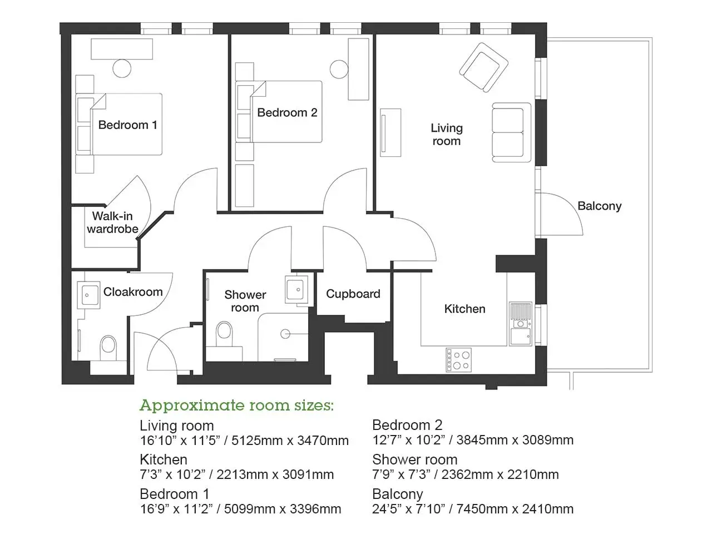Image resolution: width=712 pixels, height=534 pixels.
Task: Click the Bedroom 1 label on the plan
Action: pos(127,125)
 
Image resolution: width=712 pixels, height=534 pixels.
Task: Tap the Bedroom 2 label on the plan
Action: pos(287,112)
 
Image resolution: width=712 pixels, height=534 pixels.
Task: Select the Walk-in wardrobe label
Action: pos(112,222)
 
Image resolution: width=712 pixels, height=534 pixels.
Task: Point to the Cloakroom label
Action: pos(133,292)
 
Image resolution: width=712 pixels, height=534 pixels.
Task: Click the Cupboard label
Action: pos(353,294)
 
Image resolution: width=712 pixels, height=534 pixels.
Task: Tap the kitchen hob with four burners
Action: pos(458,360)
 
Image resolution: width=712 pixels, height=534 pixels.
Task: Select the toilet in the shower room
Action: pos(224,334)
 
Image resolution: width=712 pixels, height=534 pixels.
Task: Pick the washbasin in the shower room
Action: pos(296,289)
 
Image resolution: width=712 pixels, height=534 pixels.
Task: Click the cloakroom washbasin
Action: pos(88,295)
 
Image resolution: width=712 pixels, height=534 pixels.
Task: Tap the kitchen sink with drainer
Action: pos(520,324)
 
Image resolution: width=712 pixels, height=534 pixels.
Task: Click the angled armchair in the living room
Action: pos(483,67)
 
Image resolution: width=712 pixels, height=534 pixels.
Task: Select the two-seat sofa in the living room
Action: pos(511,132)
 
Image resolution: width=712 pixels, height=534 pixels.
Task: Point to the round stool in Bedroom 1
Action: pos(122,68)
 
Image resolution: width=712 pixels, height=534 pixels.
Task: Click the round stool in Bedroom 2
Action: pos(339,70)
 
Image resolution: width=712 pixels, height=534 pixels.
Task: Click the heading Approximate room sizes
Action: pos(236,406)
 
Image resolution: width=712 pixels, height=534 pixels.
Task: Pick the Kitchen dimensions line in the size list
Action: pos(237,474)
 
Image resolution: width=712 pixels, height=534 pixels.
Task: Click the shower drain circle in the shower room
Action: pos(285,334)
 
